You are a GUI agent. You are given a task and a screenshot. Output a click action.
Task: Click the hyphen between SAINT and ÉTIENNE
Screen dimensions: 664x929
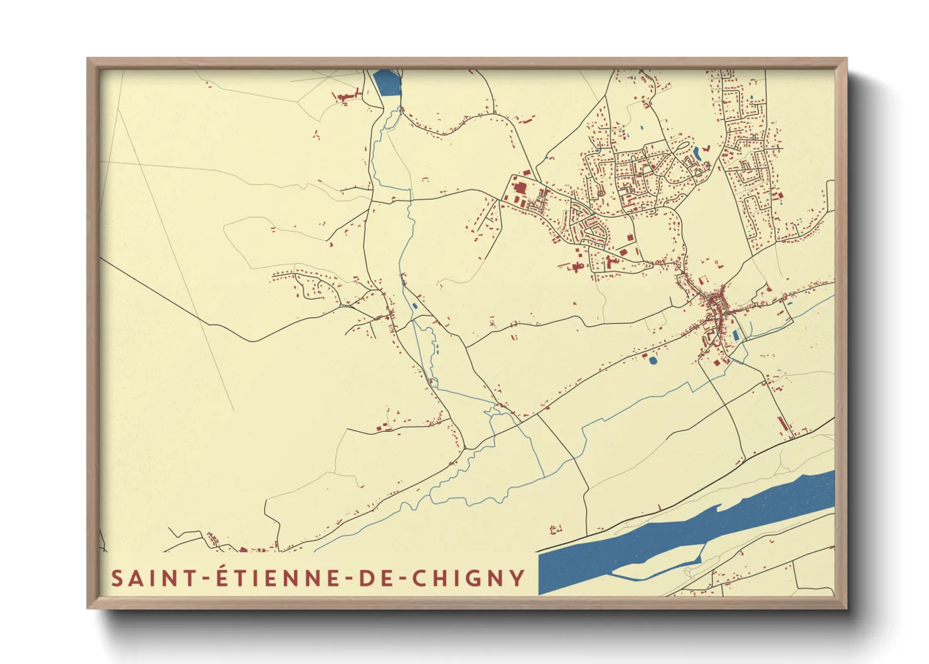point(203,579)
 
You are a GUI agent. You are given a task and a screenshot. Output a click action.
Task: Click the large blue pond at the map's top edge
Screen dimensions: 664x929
point(387,83)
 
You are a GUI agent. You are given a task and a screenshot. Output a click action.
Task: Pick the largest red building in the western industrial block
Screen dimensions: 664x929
point(519,188)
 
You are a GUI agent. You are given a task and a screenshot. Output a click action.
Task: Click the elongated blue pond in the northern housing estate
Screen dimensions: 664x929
point(697,153)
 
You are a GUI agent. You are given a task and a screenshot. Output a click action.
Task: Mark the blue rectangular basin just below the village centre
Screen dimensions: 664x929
point(735,336)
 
